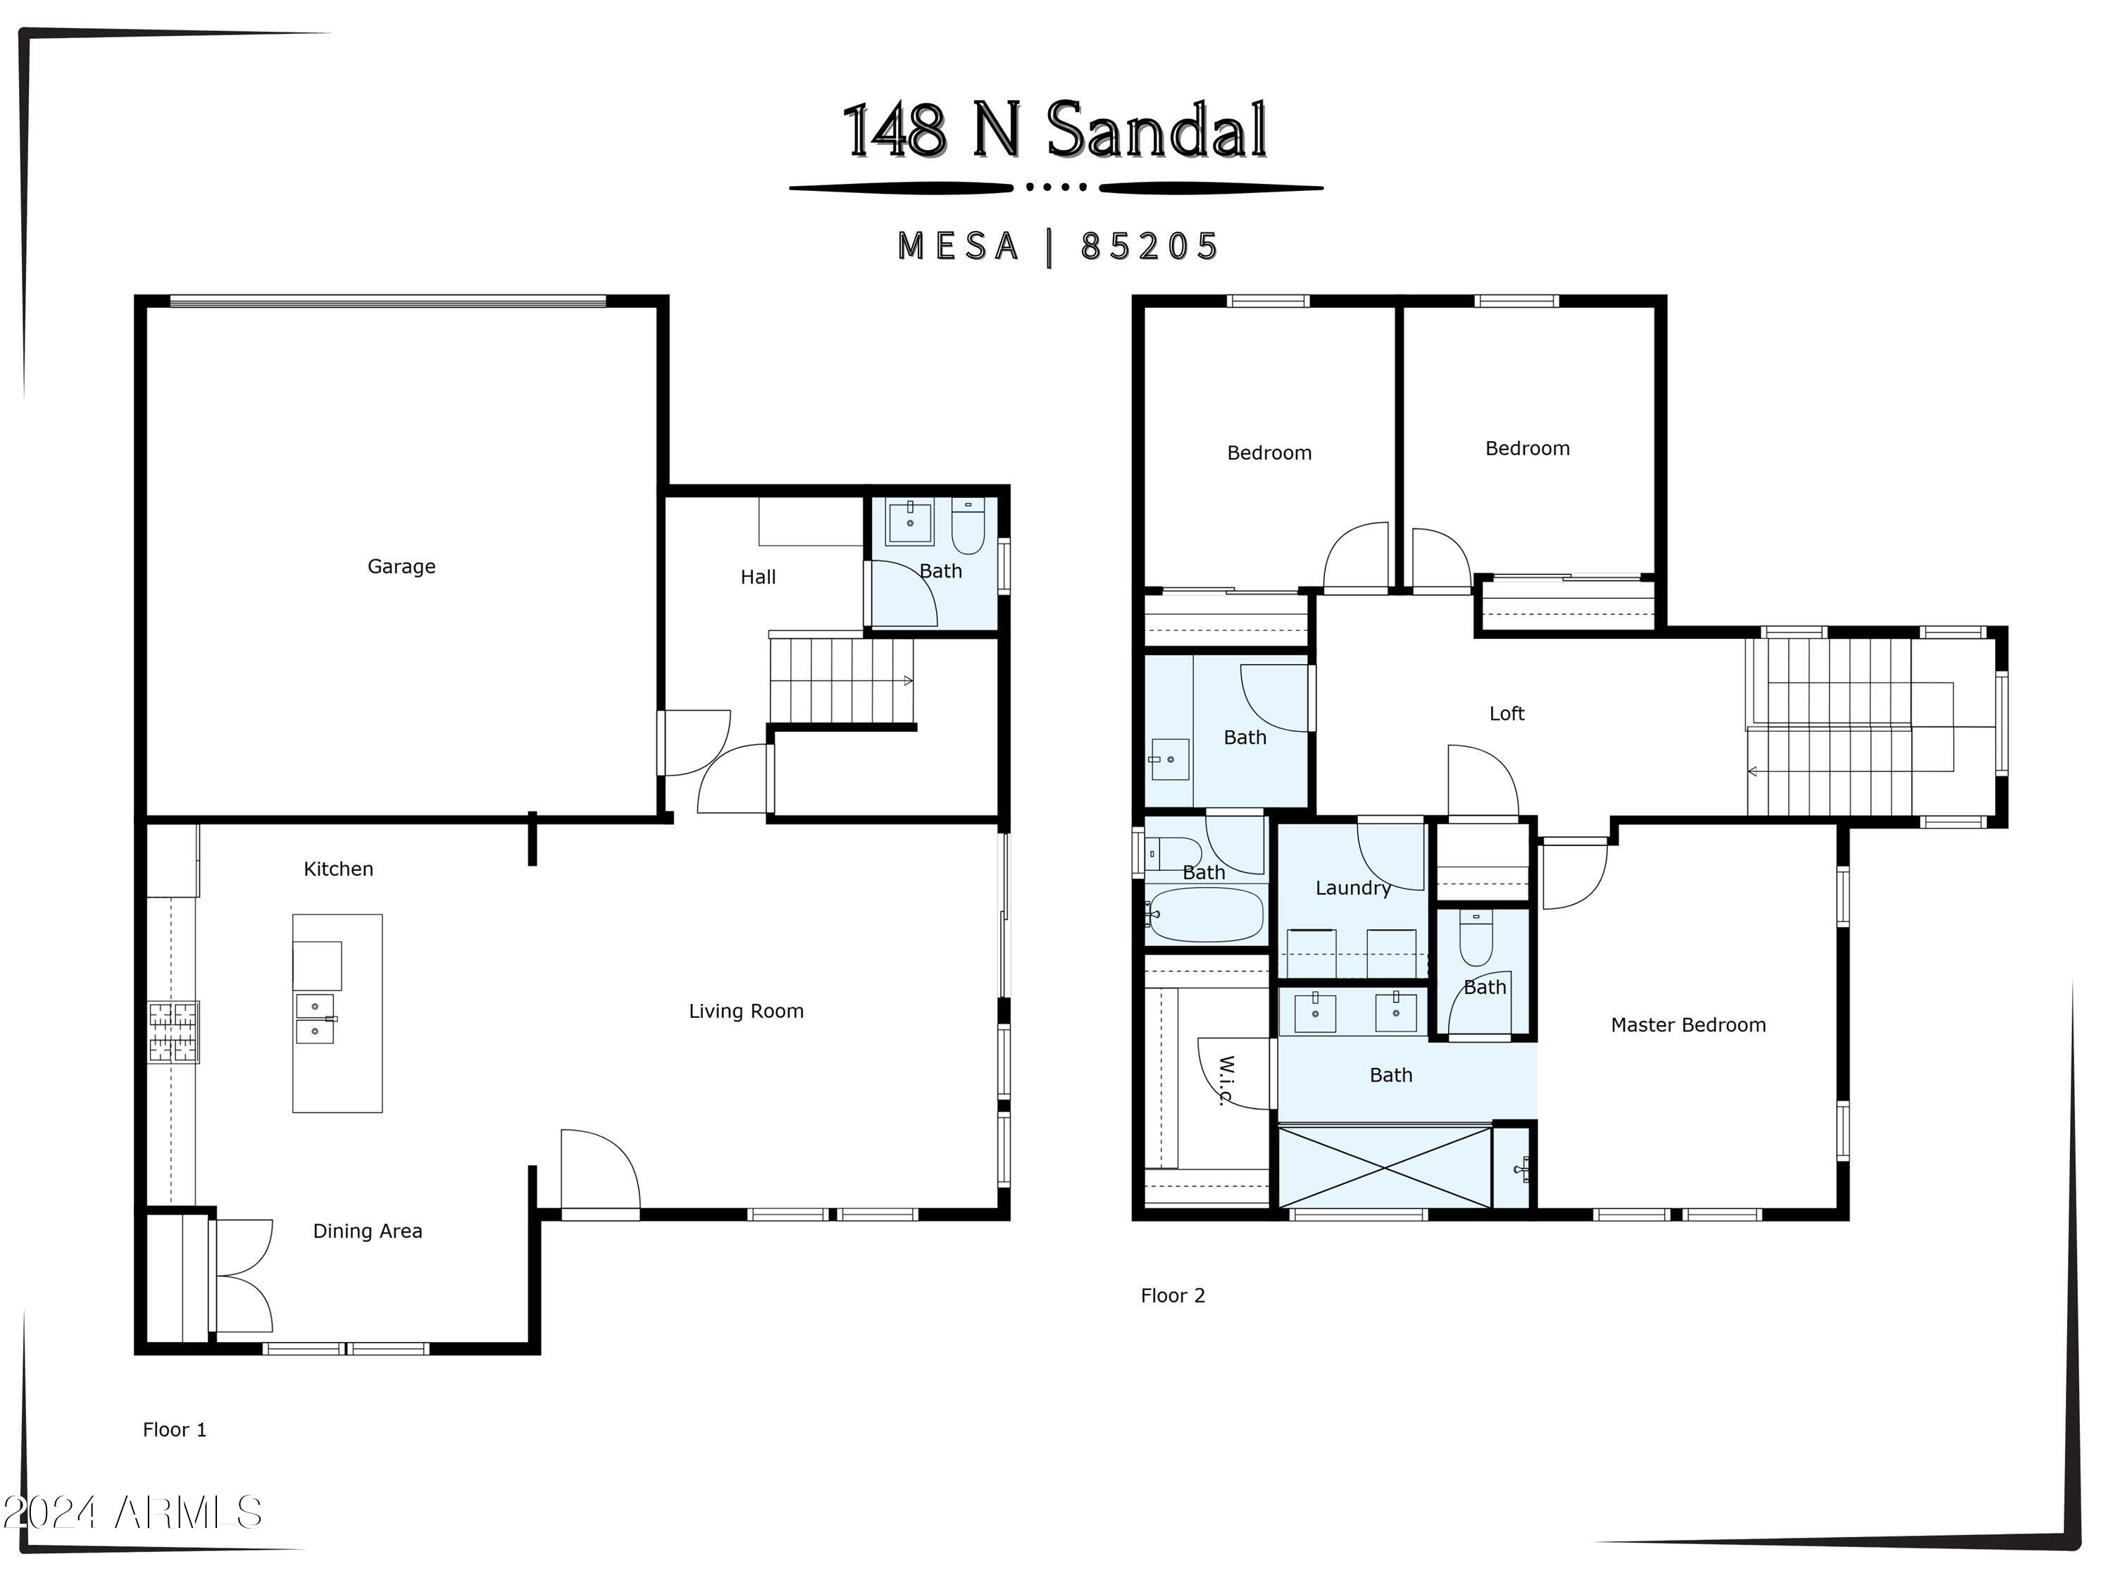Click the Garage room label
point(401,566)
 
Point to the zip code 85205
point(1149,247)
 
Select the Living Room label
point(746,1011)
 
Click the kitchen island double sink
point(316,1019)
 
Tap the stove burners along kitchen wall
point(173,1032)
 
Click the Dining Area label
point(368,1231)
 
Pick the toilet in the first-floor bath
point(968,528)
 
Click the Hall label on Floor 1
point(757,577)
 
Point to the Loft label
point(1507,714)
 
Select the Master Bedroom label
point(1688,1025)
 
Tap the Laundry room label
point(1352,888)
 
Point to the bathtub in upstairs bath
point(1206,915)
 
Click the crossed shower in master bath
point(1384,1167)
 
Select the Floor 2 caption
point(1172,1295)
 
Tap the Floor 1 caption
point(174,1429)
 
